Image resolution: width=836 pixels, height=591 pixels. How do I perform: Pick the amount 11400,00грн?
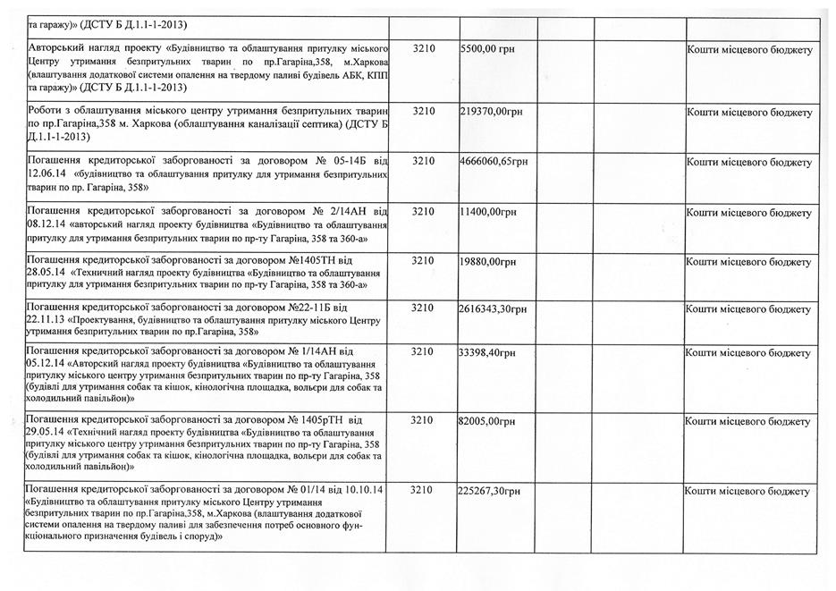click(488, 213)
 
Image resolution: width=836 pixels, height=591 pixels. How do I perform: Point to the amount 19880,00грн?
click(488, 262)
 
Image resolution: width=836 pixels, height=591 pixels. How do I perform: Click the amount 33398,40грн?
click(488, 354)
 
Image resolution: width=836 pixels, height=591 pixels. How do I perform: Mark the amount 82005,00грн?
click(488, 420)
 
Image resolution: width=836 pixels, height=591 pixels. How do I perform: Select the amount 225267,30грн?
click(491, 492)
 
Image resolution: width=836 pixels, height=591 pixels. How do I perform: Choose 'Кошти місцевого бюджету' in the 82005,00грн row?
click(748, 420)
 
